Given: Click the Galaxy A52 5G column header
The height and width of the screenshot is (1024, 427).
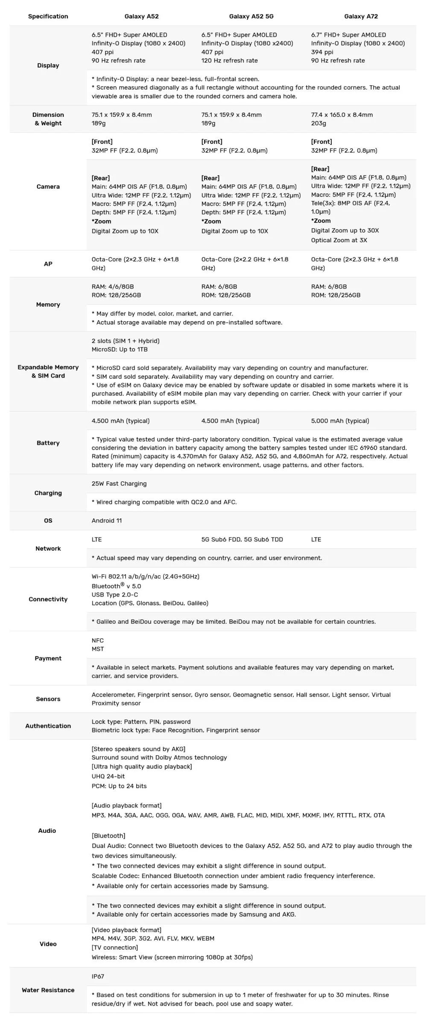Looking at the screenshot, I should [251, 16].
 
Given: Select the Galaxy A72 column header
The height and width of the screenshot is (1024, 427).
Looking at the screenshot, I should [361, 16].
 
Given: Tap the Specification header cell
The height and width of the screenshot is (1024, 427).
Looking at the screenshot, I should [48, 16].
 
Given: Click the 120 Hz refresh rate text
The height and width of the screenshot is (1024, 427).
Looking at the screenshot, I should [229, 61].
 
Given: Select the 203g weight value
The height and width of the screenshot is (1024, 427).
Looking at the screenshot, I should [318, 123].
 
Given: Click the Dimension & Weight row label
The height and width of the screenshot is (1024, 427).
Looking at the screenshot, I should [48, 119].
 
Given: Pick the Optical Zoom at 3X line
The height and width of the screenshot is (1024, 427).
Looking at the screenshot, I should [339, 240].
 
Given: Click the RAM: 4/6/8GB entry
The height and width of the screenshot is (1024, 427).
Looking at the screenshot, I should [113, 287].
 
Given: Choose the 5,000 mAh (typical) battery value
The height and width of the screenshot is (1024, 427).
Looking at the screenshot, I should [340, 421].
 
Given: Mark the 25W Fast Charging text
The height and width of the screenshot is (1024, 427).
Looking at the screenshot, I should [119, 483].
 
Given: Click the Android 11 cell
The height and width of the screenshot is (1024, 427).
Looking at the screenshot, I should [107, 521].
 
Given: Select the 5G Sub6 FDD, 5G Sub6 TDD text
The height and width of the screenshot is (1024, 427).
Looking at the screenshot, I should [242, 539].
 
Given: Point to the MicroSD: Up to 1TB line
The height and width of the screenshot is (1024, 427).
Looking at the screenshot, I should [120, 349].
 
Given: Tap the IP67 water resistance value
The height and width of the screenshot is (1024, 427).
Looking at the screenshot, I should [98, 976].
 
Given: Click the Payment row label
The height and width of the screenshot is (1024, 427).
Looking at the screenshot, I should [48, 658].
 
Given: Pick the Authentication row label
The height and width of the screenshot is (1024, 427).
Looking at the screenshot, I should [48, 726].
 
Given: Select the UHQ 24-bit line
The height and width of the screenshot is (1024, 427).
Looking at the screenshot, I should [108, 776].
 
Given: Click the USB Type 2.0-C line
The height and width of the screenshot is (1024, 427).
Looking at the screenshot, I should [115, 595].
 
